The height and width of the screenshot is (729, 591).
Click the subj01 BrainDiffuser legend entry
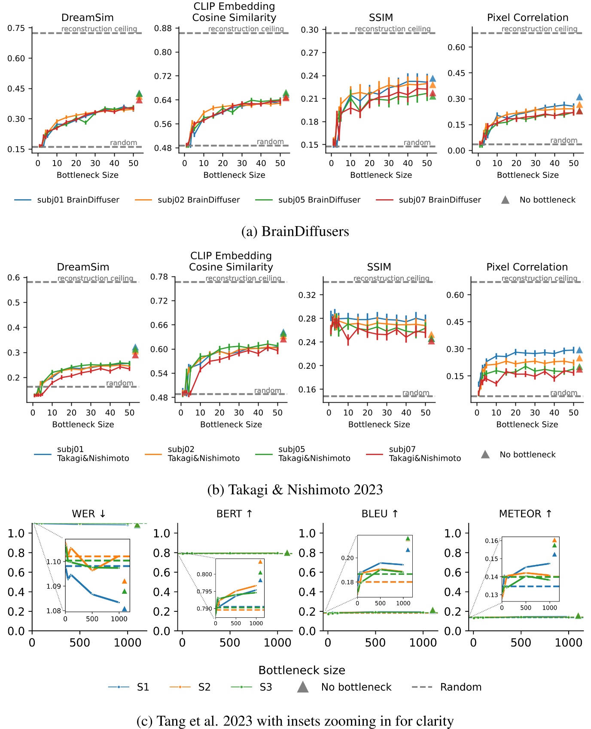(x=67, y=200)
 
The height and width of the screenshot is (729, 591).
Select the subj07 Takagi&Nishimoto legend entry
(x=413, y=454)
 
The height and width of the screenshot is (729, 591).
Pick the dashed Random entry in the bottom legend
(x=446, y=687)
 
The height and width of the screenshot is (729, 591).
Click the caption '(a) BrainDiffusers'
(x=295, y=231)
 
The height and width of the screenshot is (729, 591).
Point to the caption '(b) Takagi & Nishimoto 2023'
(x=295, y=489)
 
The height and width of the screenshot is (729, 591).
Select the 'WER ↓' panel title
(x=89, y=513)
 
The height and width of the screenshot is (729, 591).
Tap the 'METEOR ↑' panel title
(x=526, y=513)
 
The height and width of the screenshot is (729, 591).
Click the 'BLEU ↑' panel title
(x=380, y=513)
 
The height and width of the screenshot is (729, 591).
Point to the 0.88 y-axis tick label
(x=163, y=28)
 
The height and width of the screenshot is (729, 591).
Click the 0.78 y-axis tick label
(x=159, y=277)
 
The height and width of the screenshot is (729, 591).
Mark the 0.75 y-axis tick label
(x=16, y=28)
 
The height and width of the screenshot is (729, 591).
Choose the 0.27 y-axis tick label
(x=310, y=53)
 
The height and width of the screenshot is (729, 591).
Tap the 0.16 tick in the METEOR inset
(x=492, y=541)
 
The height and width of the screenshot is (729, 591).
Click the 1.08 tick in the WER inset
(x=54, y=611)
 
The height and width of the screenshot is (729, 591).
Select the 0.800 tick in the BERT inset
(x=204, y=574)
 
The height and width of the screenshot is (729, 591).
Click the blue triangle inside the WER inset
(x=125, y=609)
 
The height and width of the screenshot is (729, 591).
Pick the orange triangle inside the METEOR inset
(x=554, y=540)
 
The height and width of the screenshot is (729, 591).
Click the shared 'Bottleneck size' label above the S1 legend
(x=302, y=670)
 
